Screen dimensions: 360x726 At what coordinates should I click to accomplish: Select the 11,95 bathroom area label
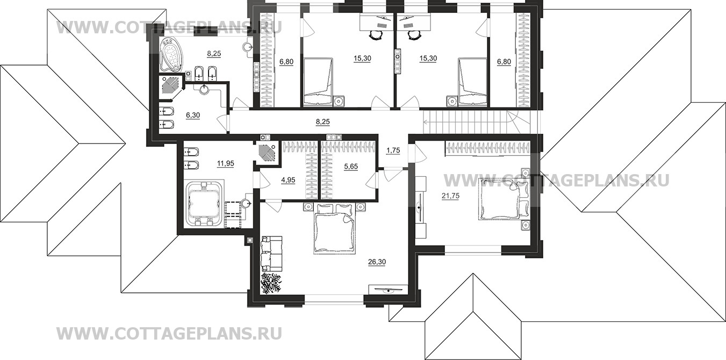(225, 164)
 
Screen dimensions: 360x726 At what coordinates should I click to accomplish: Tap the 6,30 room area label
(192, 115)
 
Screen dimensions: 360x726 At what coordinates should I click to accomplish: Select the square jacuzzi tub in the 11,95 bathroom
(204, 205)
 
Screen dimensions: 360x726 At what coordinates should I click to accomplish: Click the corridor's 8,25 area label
(322, 123)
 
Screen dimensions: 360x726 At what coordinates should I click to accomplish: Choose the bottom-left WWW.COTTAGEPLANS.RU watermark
(169, 334)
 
